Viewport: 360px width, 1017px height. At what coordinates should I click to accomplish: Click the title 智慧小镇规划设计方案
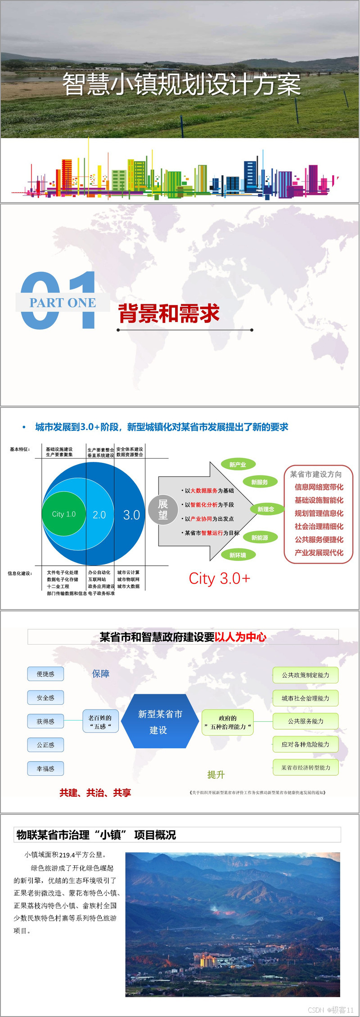[x=181, y=84]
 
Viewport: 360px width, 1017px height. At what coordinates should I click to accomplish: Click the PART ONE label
[x=63, y=303]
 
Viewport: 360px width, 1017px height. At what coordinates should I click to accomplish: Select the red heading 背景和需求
[x=169, y=313]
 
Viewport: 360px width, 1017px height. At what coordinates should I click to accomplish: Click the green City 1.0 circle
[x=63, y=514]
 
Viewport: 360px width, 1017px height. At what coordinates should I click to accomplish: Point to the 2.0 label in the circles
[x=99, y=515]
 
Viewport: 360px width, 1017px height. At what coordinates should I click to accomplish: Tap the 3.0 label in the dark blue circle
[x=131, y=515]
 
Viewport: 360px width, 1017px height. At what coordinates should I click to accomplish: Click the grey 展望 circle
[x=163, y=510]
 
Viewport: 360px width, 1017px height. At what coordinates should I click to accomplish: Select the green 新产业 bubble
[x=238, y=465]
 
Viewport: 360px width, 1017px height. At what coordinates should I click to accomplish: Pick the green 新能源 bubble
[x=260, y=538]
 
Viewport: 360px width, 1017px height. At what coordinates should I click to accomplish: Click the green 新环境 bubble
[x=238, y=555]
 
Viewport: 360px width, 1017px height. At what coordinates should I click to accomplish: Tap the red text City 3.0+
[x=219, y=579]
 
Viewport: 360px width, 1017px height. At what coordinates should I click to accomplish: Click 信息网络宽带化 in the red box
[x=319, y=487]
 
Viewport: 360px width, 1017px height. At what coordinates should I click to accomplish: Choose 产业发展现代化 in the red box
[x=319, y=552]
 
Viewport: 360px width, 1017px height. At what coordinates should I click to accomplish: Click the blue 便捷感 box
[x=45, y=674]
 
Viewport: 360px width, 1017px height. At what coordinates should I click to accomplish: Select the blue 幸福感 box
[x=45, y=768]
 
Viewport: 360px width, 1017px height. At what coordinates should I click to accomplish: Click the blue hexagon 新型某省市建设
[x=160, y=721]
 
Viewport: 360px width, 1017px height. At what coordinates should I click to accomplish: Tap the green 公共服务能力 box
[x=306, y=721]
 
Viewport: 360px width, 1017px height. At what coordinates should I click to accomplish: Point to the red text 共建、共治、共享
[x=95, y=793]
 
